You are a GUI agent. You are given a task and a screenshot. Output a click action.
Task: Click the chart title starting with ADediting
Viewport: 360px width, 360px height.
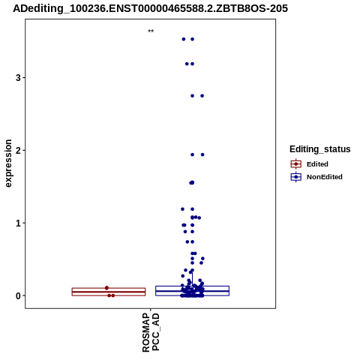150,8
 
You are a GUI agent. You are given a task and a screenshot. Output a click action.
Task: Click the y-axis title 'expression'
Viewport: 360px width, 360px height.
8,163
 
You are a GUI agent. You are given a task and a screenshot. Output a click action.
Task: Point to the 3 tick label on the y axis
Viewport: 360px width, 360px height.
18,78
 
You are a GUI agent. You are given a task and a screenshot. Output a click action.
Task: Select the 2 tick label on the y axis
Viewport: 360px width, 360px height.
18,151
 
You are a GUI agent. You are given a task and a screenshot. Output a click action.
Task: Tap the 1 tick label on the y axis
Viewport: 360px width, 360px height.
18,223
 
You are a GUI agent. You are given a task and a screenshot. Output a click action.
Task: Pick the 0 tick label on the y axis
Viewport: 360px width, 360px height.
18,295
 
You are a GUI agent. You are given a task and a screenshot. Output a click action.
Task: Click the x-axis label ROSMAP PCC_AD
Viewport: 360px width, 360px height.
151,332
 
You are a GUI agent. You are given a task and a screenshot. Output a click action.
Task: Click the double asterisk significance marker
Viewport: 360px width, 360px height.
151,31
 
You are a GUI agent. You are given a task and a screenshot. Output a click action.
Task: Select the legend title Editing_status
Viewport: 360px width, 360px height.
320,149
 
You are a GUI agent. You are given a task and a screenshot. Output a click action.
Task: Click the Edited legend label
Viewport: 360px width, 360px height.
317,164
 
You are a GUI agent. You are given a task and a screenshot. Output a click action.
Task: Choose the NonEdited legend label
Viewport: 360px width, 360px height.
325,177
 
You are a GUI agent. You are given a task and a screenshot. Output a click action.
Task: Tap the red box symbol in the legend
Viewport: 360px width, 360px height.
296,164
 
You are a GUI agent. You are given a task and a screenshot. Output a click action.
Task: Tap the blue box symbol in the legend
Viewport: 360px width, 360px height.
296,177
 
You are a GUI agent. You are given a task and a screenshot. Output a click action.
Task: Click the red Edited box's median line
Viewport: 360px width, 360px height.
109,292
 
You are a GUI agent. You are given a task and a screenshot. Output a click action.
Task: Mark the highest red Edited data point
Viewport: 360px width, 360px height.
106,288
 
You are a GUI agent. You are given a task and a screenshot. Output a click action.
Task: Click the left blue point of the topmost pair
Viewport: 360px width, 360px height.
184,39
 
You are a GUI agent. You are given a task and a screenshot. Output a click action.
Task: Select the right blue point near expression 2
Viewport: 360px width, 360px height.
202,154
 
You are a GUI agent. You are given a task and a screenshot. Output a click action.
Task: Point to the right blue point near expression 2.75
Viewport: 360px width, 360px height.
202,96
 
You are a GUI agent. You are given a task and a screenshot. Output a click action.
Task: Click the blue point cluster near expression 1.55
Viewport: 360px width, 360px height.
192,183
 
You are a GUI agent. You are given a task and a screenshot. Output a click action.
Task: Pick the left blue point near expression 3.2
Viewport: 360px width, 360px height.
187,64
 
